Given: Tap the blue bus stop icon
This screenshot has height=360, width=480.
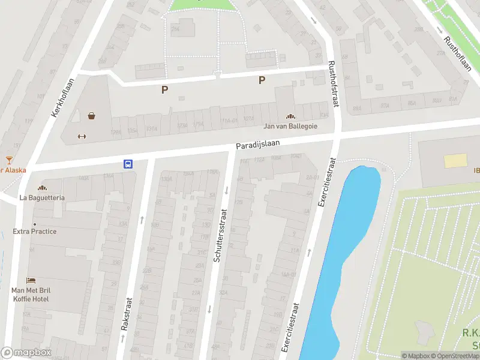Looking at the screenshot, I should pyautogui.click(x=128, y=163).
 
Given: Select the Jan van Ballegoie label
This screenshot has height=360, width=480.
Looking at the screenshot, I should pyautogui.click(x=290, y=127).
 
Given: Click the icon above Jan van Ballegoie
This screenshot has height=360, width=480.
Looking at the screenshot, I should pyautogui.click(x=290, y=117).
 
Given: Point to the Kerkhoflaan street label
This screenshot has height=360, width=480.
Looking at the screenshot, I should pyautogui.click(x=62, y=98).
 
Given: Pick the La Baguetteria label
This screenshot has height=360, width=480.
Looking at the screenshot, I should pyautogui.click(x=42, y=197).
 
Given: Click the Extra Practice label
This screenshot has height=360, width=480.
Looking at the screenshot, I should pyautogui.click(x=35, y=232).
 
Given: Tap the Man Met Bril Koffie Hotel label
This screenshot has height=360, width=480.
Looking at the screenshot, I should pyautogui.click(x=34, y=295).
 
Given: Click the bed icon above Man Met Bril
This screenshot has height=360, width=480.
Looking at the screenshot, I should pyautogui.click(x=31, y=280).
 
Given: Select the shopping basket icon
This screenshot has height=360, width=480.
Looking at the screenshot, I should pyautogui.click(x=91, y=116).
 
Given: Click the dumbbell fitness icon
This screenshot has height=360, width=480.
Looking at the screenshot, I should pyautogui.click(x=82, y=136).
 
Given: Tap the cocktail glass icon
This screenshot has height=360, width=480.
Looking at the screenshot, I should pyautogui.click(x=9, y=160).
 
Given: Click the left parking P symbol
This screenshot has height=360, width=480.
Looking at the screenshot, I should pyautogui.click(x=164, y=90).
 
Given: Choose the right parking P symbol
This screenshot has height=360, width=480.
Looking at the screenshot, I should pyautogui.click(x=262, y=80).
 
